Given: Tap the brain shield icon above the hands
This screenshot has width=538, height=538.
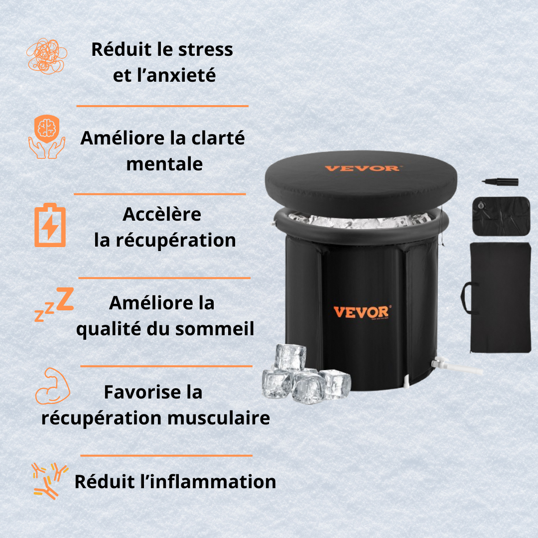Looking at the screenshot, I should click(46, 128).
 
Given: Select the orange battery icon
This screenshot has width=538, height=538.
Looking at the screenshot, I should click(50, 226).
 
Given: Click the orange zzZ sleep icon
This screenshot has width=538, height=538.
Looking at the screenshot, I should click(54, 302).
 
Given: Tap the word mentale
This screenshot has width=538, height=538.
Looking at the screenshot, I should click(164, 164).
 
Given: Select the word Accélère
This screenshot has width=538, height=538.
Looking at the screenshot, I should click(162, 214).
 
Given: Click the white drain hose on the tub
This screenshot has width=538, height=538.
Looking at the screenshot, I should click(463, 369).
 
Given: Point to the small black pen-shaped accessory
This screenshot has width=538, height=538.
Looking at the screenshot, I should click(500, 182).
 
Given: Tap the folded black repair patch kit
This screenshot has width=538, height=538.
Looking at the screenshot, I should click(501, 216).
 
